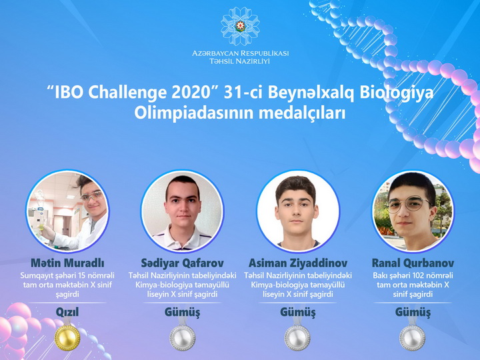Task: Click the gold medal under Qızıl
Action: click(67, 337)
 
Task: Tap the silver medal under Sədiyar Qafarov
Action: click(183, 337)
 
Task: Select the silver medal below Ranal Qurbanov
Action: click(413, 337)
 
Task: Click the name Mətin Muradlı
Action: click(67, 263)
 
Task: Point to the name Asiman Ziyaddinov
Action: click(298, 263)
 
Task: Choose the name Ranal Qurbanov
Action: click(413, 263)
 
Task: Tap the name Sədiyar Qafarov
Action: click(183, 263)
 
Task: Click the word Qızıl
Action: click(67, 312)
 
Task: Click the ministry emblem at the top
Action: click(240, 26)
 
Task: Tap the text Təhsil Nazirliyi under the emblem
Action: click(240, 61)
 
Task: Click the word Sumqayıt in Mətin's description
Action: click(35, 276)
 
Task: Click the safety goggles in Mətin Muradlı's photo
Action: click(91, 196)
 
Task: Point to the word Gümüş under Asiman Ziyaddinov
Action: click(297, 313)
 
